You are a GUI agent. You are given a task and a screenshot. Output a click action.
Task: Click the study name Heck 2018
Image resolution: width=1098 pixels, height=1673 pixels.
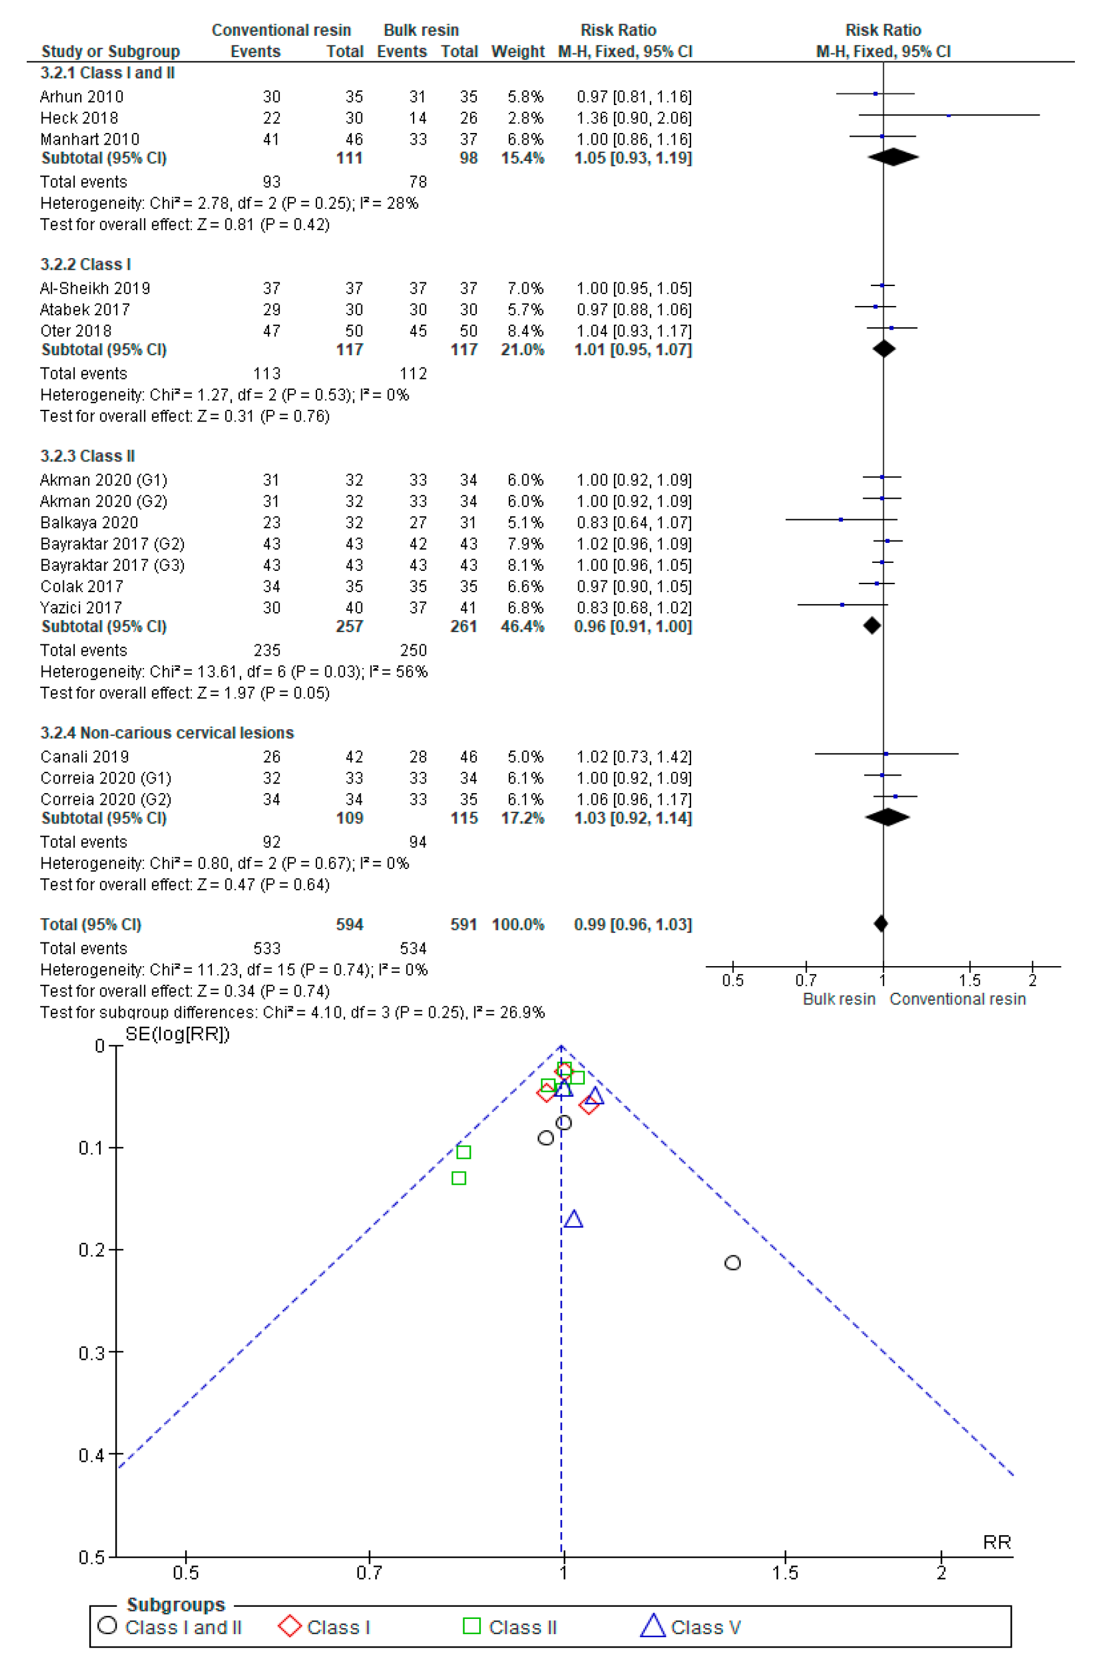(x=79, y=117)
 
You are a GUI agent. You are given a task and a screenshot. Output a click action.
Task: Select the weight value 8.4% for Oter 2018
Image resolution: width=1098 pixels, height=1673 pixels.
(x=525, y=330)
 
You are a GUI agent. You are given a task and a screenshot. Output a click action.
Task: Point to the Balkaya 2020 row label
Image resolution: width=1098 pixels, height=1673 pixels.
(x=89, y=522)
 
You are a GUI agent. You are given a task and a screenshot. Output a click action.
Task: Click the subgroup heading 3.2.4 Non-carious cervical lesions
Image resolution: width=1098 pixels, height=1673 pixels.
(x=166, y=732)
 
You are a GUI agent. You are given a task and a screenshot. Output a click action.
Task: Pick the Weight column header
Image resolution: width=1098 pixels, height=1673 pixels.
(x=517, y=52)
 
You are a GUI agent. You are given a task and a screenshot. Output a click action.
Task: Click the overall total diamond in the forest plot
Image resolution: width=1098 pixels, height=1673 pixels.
(x=881, y=924)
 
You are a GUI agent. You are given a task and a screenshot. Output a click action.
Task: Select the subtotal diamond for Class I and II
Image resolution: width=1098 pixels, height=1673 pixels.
(x=893, y=157)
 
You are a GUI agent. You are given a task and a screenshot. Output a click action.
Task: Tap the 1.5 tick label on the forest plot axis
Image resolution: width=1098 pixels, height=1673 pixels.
(x=969, y=980)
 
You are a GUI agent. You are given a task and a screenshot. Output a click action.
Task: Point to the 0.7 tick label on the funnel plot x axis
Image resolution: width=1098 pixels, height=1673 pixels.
(x=369, y=1572)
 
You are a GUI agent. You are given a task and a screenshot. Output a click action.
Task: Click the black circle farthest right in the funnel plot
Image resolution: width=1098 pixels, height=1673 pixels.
(x=732, y=1263)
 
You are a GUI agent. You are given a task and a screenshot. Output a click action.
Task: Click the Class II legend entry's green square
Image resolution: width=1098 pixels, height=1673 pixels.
(x=472, y=1627)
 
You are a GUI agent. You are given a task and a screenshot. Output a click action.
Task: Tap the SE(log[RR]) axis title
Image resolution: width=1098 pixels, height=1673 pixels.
(x=177, y=1034)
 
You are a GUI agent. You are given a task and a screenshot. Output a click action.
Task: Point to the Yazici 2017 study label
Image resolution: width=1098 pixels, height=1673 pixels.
(x=81, y=607)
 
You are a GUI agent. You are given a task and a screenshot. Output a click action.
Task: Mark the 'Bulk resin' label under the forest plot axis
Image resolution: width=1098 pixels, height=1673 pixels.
(x=839, y=999)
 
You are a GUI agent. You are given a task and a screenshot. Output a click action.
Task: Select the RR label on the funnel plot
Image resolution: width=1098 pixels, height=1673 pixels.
(x=996, y=1542)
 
